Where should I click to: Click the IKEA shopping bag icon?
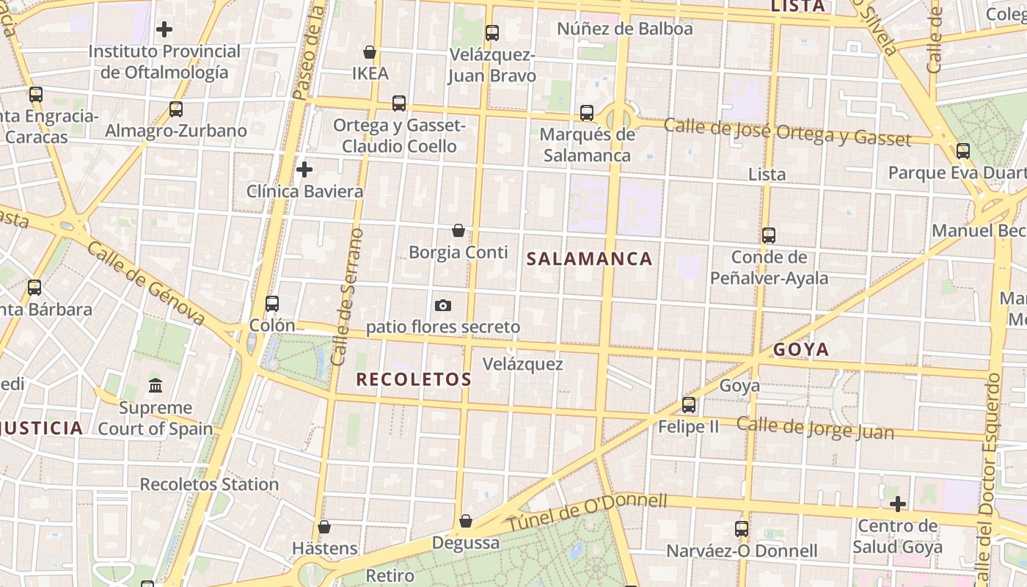coord(370,52)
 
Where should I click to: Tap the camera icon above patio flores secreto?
coord(442,305)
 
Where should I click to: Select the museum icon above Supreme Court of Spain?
coord(156,385)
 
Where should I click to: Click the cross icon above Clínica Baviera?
coord(304,170)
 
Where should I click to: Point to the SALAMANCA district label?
coord(590,258)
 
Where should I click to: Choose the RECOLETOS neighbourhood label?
coord(413,379)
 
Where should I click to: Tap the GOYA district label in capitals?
coord(801,349)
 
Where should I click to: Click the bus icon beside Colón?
coord(272,304)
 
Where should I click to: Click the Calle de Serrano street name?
coord(348,297)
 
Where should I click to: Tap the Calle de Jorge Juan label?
coord(815,428)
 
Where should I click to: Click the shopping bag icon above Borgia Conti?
coord(458,230)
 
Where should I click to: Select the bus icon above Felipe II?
coord(688,405)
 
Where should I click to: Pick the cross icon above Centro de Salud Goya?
coord(897,504)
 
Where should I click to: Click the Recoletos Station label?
coord(209,484)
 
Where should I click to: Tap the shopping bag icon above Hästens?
coord(324,527)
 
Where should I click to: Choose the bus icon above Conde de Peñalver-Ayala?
coord(768,236)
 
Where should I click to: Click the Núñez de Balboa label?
coord(624,29)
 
